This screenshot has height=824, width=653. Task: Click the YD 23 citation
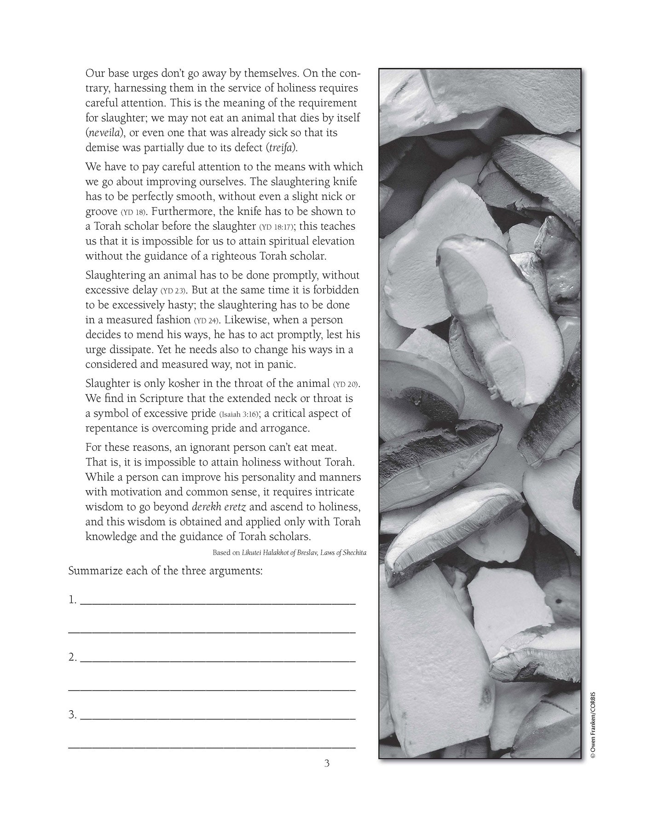tap(173, 291)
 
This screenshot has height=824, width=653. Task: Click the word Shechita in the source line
tap(353, 552)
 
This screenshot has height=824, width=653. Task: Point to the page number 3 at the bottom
tap(327, 763)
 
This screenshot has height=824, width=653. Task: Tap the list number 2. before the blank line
tap(72, 657)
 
